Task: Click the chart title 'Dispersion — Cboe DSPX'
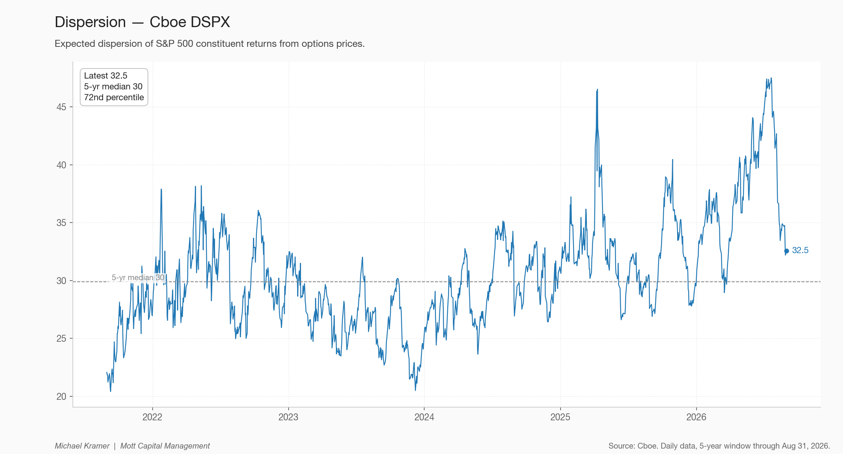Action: click(142, 22)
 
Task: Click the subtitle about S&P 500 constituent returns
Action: click(210, 44)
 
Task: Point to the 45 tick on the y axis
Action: click(61, 107)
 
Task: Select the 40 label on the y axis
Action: click(61, 165)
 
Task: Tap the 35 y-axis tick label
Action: click(61, 223)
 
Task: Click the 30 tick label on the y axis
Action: click(61, 281)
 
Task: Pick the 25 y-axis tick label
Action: click(61, 339)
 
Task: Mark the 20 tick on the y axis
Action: click(61, 397)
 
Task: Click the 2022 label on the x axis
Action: click(152, 417)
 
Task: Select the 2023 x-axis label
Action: click(288, 417)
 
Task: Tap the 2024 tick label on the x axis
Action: click(424, 417)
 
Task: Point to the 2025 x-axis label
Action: click(560, 417)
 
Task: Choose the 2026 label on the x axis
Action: click(696, 417)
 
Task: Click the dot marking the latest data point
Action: click(786, 251)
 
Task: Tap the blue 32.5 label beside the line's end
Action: click(800, 250)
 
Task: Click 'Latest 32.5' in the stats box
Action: click(105, 76)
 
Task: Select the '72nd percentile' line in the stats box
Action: click(114, 98)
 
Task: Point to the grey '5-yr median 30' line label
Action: click(138, 278)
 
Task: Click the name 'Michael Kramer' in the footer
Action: click(82, 446)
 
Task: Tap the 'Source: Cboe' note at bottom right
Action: click(719, 446)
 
